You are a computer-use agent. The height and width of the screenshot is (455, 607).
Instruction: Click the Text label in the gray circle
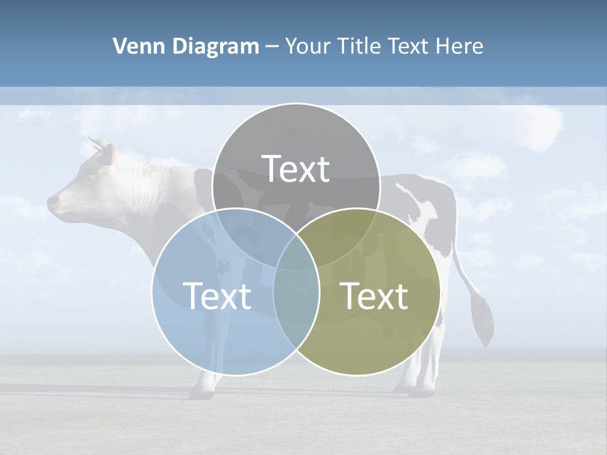[x=296, y=169]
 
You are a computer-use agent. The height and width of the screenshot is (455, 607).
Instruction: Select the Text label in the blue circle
[x=216, y=296]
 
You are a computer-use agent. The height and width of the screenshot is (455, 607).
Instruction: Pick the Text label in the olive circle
[x=374, y=296]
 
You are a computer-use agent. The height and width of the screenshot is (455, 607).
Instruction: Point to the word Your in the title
[x=307, y=46]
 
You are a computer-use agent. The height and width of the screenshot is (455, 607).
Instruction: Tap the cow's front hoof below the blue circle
[x=202, y=392]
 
